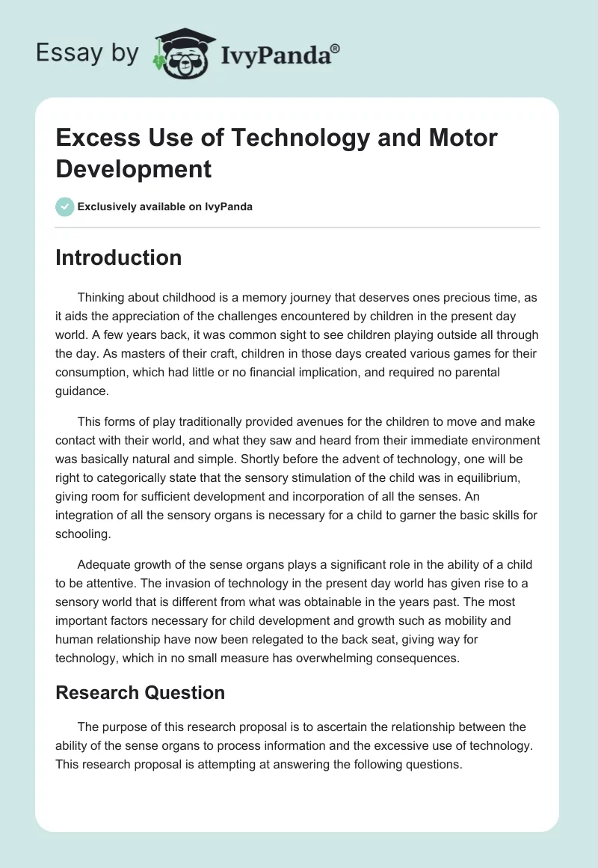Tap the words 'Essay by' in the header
[87, 52]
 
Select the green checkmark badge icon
[65, 207]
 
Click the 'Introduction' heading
[118, 257]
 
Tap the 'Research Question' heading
[140, 693]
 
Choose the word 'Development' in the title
[133, 169]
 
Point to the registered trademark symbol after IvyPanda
[336, 46]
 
